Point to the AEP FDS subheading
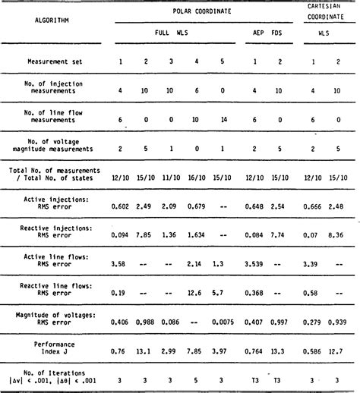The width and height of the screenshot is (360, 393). click(266, 34)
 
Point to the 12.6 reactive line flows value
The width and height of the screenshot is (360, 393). click(195, 291)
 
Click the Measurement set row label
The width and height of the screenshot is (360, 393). click(50, 59)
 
